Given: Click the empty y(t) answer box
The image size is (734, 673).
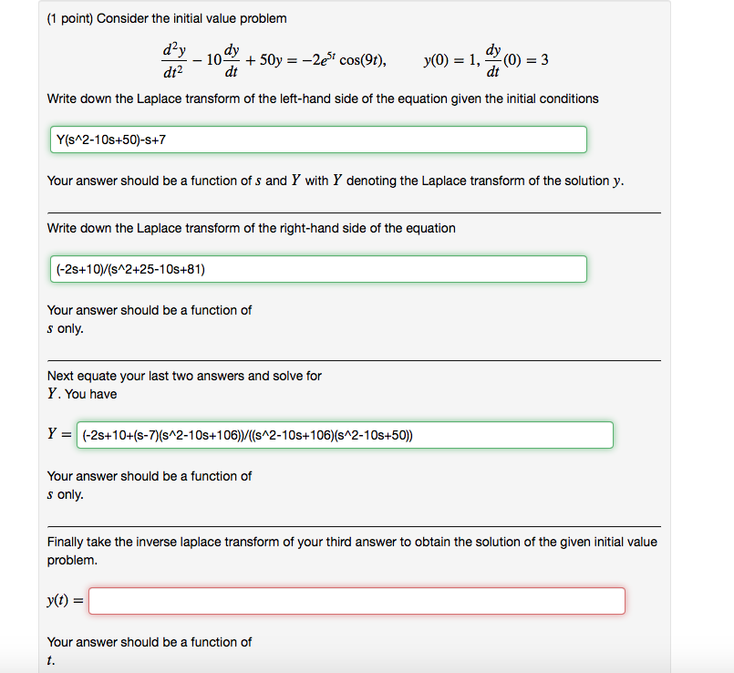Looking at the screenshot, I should click(x=357, y=601).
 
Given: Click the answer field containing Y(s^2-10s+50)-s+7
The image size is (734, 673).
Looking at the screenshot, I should click(x=316, y=140).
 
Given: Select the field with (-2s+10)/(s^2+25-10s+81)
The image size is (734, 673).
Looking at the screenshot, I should click(x=316, y=269).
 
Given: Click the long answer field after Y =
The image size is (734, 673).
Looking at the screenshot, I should click(x=346, y=435).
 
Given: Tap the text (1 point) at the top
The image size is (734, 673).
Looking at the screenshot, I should click(x=76, y=18).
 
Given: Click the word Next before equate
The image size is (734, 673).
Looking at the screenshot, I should click(x=61, y=376).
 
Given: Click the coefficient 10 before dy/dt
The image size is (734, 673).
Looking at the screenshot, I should click(x=214, y=61).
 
